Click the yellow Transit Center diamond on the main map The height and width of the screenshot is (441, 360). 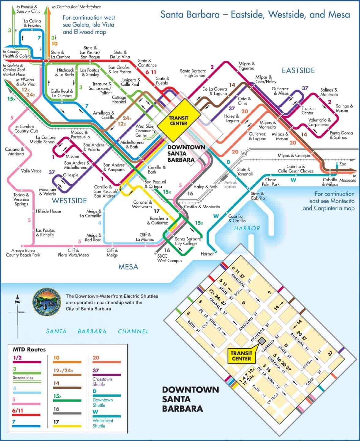click(x=178, y=120)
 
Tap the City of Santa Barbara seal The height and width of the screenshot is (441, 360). click(x=46, y=302)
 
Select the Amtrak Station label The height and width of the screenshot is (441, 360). click(x=230, y=184)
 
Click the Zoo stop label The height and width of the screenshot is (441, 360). click(x=343, y=164)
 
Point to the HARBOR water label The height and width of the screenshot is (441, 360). click(x=247, y=228)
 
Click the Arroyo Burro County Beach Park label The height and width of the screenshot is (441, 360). click(x=23, y=253)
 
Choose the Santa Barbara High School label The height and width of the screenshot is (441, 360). click(x=193, y=73)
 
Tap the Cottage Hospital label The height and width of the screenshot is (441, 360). click(x=119, y=100)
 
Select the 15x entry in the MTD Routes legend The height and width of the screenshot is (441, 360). click(x=58, y=396)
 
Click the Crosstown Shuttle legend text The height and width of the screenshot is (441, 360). click(x=102, y=382)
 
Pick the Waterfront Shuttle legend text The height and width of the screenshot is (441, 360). click(x=103, y=423)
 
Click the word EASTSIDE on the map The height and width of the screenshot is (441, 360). click(x=298, y=71)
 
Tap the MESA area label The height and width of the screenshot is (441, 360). click(x=128, y=267)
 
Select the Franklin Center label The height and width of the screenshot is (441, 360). click(x=308, y=111)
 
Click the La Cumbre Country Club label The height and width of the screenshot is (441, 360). click(x=24, y=129)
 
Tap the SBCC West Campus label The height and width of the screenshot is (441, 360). click(x=169, y=258)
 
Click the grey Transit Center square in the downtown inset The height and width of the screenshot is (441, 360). click(x=262, y=341)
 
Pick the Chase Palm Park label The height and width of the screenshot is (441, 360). click(x=271, y=182)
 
